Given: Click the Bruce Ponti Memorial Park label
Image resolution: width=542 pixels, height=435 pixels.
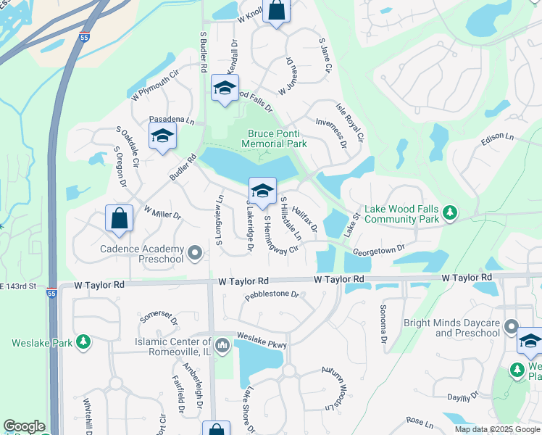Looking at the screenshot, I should pos(278,138).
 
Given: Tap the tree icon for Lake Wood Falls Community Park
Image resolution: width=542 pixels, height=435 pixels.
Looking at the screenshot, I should pos(451,212).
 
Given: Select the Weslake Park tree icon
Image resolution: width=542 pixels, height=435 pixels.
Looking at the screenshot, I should pos(84,341).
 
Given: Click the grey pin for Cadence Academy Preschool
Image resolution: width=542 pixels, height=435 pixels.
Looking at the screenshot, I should pos(194,253).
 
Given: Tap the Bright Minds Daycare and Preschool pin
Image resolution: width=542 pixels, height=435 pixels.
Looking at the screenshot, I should pos(512,327).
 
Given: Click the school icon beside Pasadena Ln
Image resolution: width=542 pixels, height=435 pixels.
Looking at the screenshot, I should pos(163,136).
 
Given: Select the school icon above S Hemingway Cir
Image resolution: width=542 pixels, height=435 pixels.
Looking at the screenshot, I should pos(262,191).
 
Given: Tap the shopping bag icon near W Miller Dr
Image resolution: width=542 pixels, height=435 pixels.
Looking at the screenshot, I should pos(119,218).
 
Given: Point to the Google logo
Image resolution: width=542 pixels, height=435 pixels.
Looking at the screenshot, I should pos(24,426).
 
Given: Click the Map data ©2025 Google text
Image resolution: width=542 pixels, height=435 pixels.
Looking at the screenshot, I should pos(496,429).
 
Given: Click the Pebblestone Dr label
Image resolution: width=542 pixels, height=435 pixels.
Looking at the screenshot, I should pos(272,295).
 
